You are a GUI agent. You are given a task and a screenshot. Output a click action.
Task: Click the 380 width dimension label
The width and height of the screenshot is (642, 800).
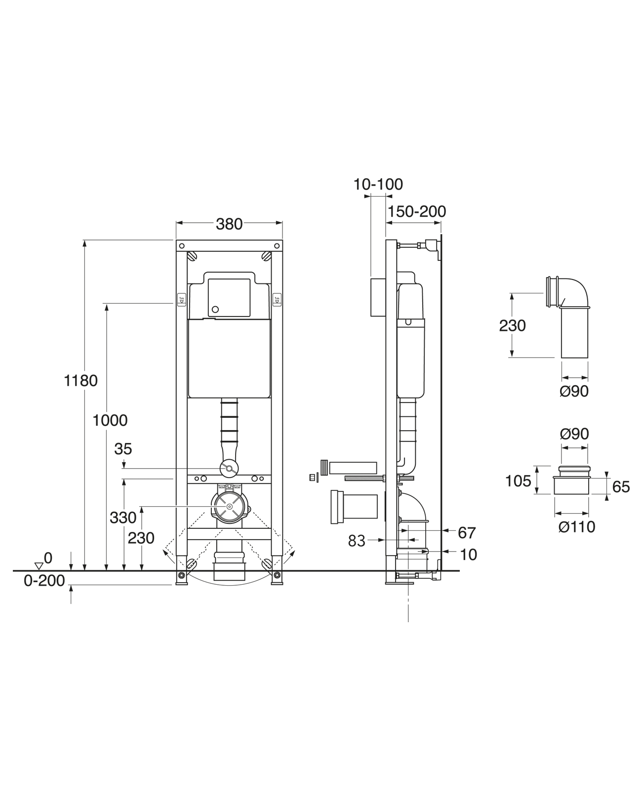pos(229,225)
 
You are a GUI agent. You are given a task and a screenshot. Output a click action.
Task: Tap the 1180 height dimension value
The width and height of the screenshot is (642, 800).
pos(80,381)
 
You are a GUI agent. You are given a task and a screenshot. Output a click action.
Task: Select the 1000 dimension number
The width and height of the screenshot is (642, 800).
pos(110,420)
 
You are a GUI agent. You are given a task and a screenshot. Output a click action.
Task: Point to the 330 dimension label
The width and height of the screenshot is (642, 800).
pos(123,518)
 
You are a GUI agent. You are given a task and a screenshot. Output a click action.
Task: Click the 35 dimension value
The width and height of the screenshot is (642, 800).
pos(123,449)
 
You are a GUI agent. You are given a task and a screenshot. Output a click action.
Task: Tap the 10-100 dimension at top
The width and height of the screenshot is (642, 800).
pos(378,184)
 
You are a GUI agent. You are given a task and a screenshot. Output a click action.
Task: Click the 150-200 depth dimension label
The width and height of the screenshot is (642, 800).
pos(417,211)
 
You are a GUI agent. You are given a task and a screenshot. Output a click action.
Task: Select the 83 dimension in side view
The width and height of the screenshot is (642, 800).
pos(357,541)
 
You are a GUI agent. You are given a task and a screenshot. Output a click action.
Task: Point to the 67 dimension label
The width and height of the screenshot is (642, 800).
pos(467,533)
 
